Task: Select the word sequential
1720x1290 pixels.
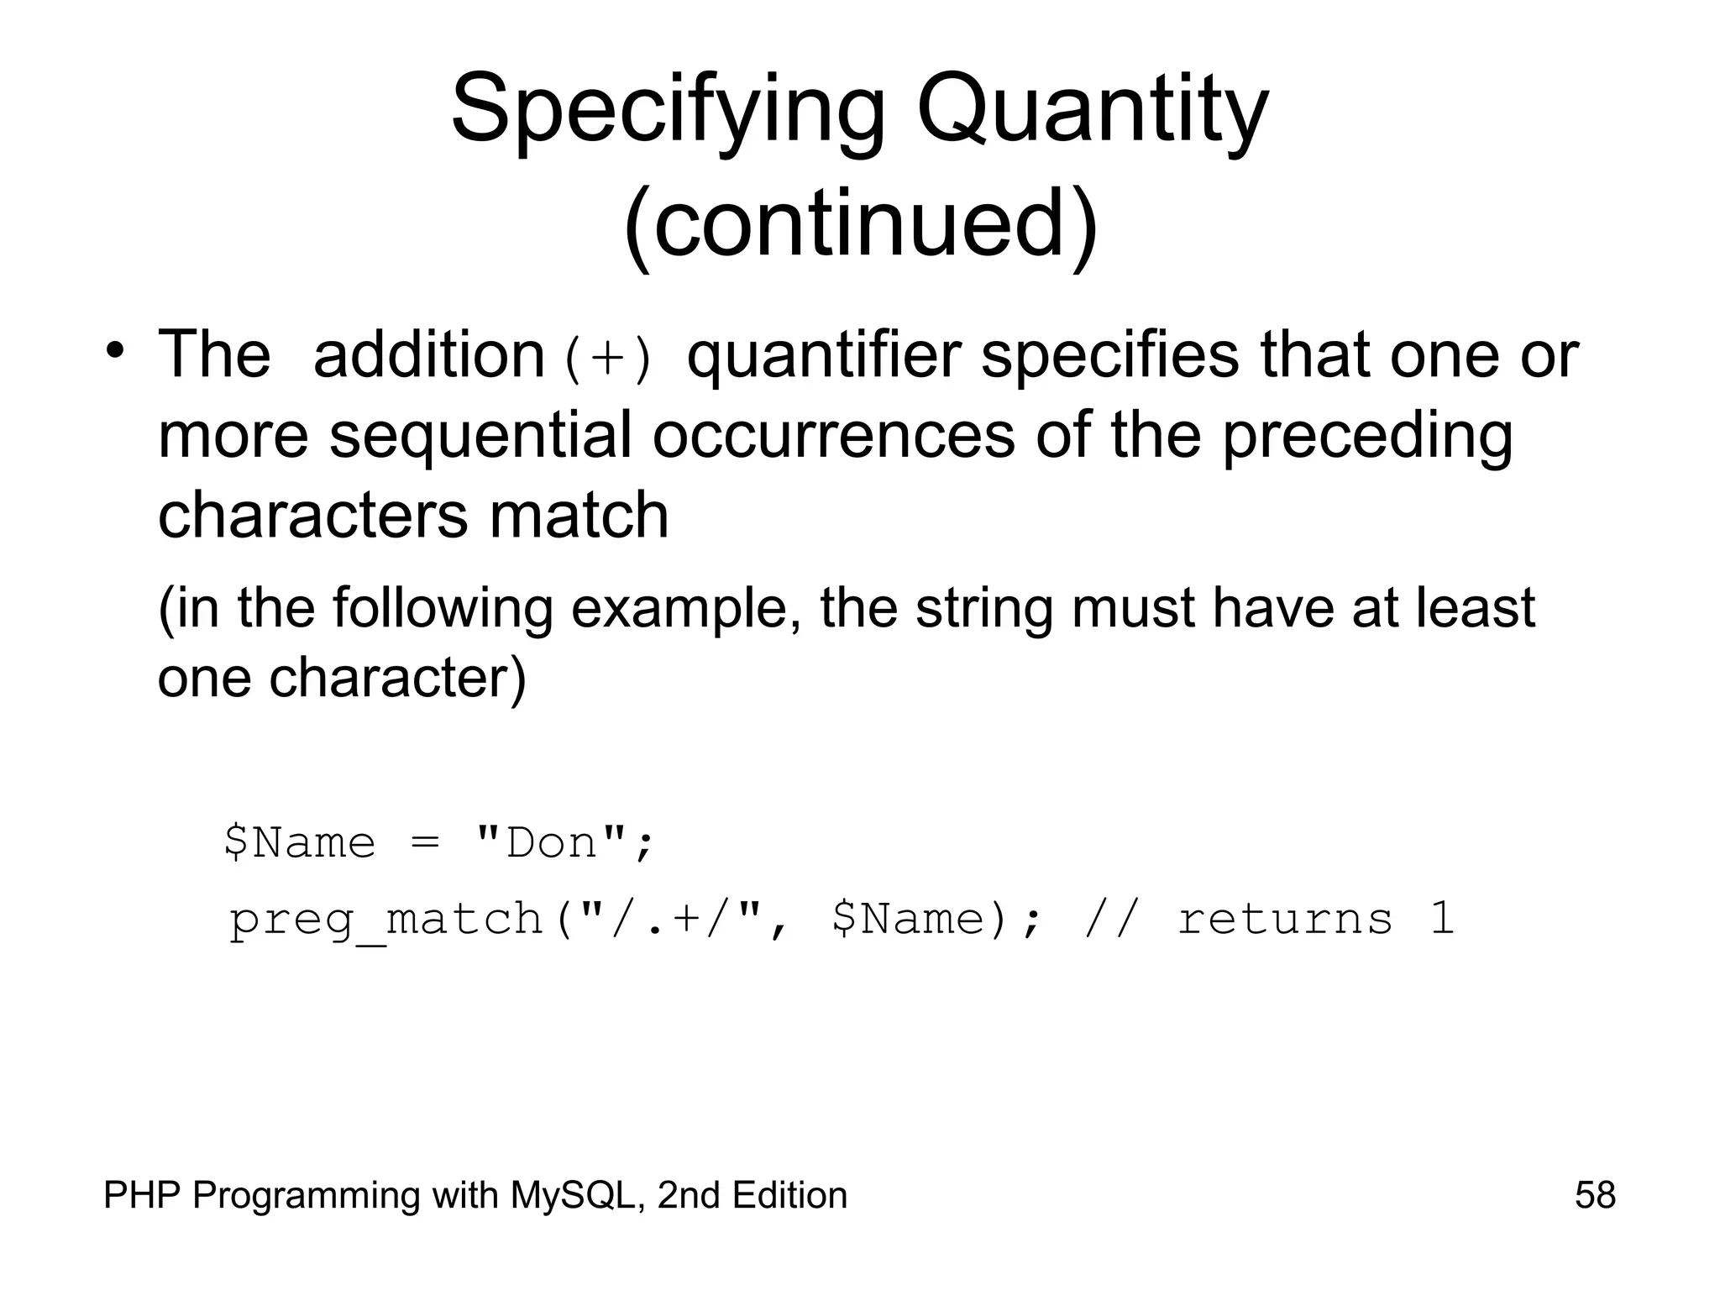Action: (480, 435)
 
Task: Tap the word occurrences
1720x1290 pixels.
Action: (833, 435)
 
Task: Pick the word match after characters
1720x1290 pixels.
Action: (579, 515)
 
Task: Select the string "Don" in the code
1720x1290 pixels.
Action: (551, 842)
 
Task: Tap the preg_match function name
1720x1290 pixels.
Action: (386, 919)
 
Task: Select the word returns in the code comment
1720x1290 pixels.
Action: (1285, 919)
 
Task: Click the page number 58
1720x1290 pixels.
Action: (1595, 1195)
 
